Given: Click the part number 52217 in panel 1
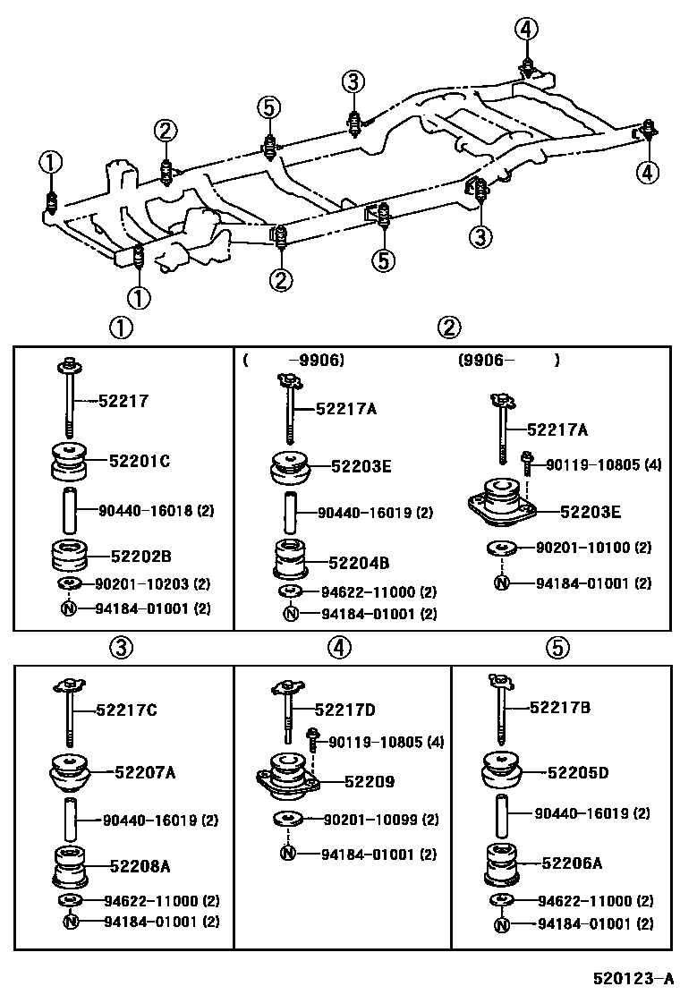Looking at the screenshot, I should (x=124, y=402).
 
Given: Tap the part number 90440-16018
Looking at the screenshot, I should (x=144, y=511).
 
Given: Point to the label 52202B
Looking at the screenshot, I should (x=140, y=554).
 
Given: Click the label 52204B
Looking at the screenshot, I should (x=359, y=563).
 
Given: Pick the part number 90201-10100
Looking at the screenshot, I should (x=594, y=547).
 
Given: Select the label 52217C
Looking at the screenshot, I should (x=127, y=710).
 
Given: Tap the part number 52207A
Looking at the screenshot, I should (x=144, y=771).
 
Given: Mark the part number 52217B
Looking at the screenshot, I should (x=561, y=707).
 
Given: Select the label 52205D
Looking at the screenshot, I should (x=578, y=771).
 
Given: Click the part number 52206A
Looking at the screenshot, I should (x=572, y=863).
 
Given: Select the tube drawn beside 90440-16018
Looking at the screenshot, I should (x=69, y=511).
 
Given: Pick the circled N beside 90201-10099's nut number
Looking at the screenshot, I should (x=287, y=854).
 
